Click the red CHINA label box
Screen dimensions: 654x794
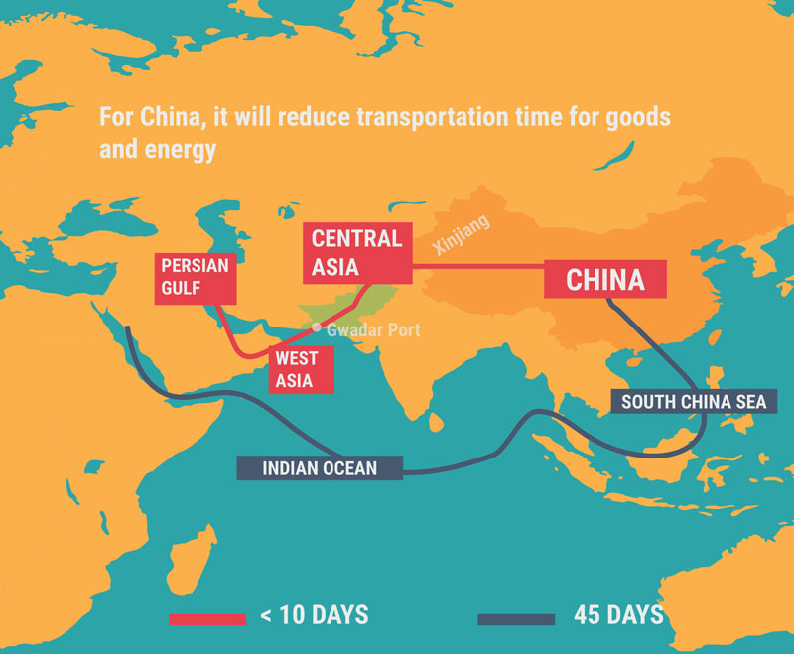(x=605, y=279)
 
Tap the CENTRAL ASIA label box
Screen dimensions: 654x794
(x=357, y=252)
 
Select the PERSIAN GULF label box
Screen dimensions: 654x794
(x=196, y=278)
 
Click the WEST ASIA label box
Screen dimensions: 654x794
(x=297, y=369)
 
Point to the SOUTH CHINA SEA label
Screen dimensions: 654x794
(x=694, y=402)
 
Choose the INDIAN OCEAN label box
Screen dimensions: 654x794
(x=320, y=468)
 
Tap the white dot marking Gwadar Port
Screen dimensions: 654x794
(x=317, y=327)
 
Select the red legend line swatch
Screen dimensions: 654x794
(x=206, y=618)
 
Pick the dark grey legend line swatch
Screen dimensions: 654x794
(x=515, y=618)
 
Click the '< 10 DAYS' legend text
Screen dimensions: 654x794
(x=314, y=615)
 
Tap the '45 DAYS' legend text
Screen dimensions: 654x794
(x=617, y=615)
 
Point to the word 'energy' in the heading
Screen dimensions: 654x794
(x=183, y=150)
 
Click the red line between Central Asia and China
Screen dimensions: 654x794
(x=476, y=266)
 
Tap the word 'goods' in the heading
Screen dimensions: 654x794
(x=641, y=117)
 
